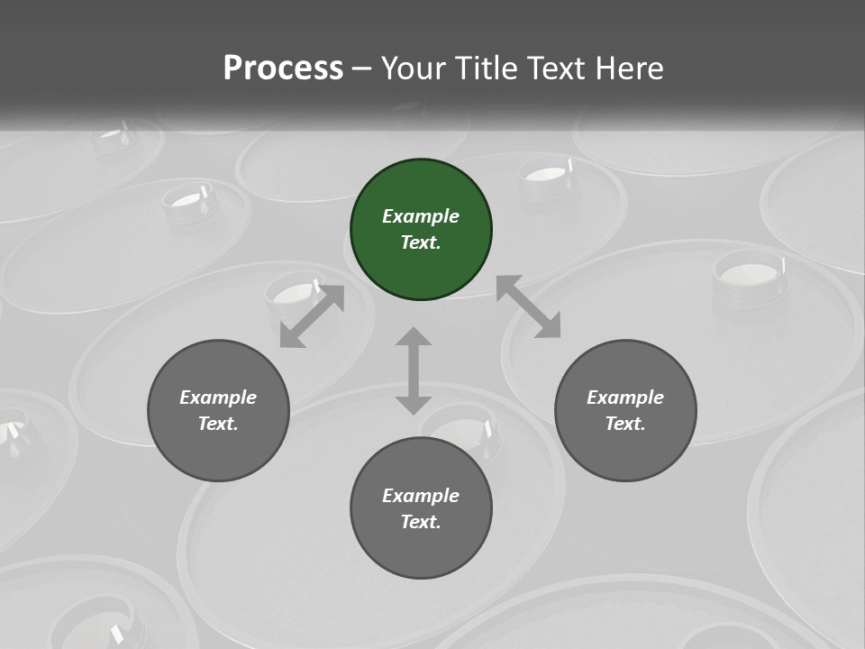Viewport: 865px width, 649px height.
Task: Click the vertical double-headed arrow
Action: click(414, 370)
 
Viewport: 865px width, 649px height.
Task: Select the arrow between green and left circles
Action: click(312, 316)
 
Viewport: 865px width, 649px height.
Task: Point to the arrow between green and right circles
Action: click(528, 307)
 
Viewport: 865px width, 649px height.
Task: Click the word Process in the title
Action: click(283, 68)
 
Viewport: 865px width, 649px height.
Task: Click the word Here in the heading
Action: click(630, 68)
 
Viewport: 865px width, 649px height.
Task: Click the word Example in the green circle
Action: click(421, 216)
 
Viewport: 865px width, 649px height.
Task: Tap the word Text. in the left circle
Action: click(218, 424)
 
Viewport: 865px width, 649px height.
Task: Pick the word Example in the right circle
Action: click(625, 398)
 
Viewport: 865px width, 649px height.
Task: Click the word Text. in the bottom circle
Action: click(421, 522)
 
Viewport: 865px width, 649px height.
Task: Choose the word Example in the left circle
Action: click(218, 398)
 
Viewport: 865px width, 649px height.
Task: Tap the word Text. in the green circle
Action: click(421, 242)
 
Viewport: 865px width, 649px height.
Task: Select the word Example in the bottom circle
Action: click(421, 496)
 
